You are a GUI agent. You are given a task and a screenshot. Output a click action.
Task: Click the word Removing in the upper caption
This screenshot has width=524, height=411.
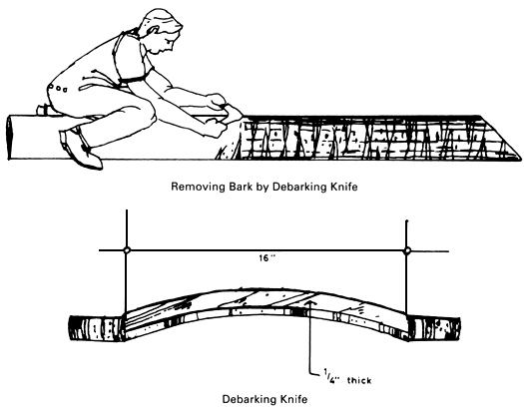[x=200, y=186]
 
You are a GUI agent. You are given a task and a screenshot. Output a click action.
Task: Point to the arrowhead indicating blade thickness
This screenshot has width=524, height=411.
[x=311, y=295]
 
